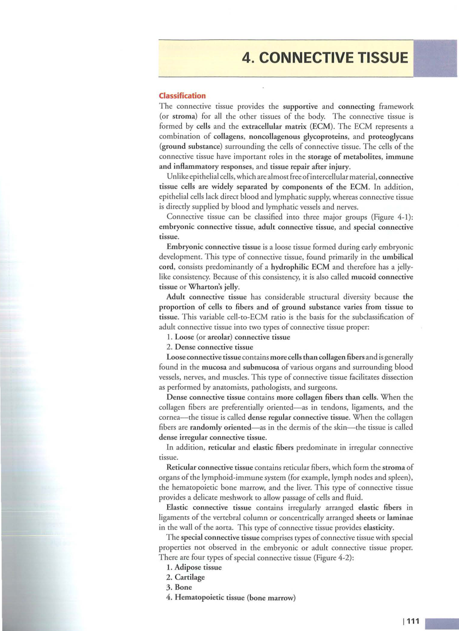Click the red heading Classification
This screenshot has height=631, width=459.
tap(182, 95)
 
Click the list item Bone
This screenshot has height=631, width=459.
tap(183, 587)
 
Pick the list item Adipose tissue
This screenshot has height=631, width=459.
tap(198, 567)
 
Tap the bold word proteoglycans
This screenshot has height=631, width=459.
tap(391, 136)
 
